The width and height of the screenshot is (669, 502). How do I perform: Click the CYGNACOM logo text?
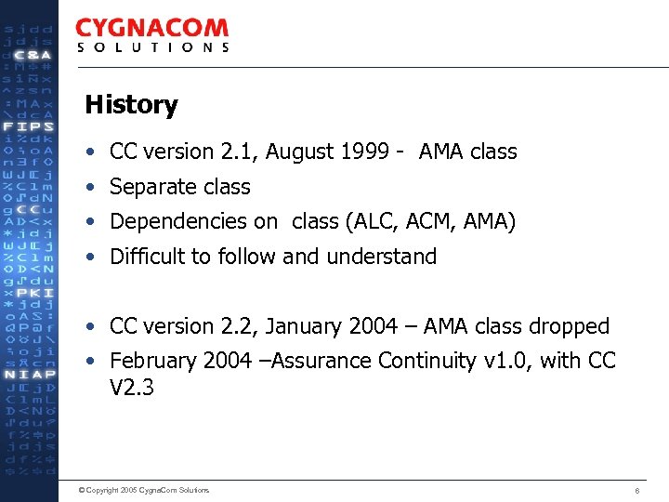(x=151, y=29)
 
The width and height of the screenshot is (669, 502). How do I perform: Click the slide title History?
(x=130, y=105)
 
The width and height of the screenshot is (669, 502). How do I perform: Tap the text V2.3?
(x=131, y=387)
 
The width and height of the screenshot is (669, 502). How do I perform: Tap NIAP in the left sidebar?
(x=29, y=375)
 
